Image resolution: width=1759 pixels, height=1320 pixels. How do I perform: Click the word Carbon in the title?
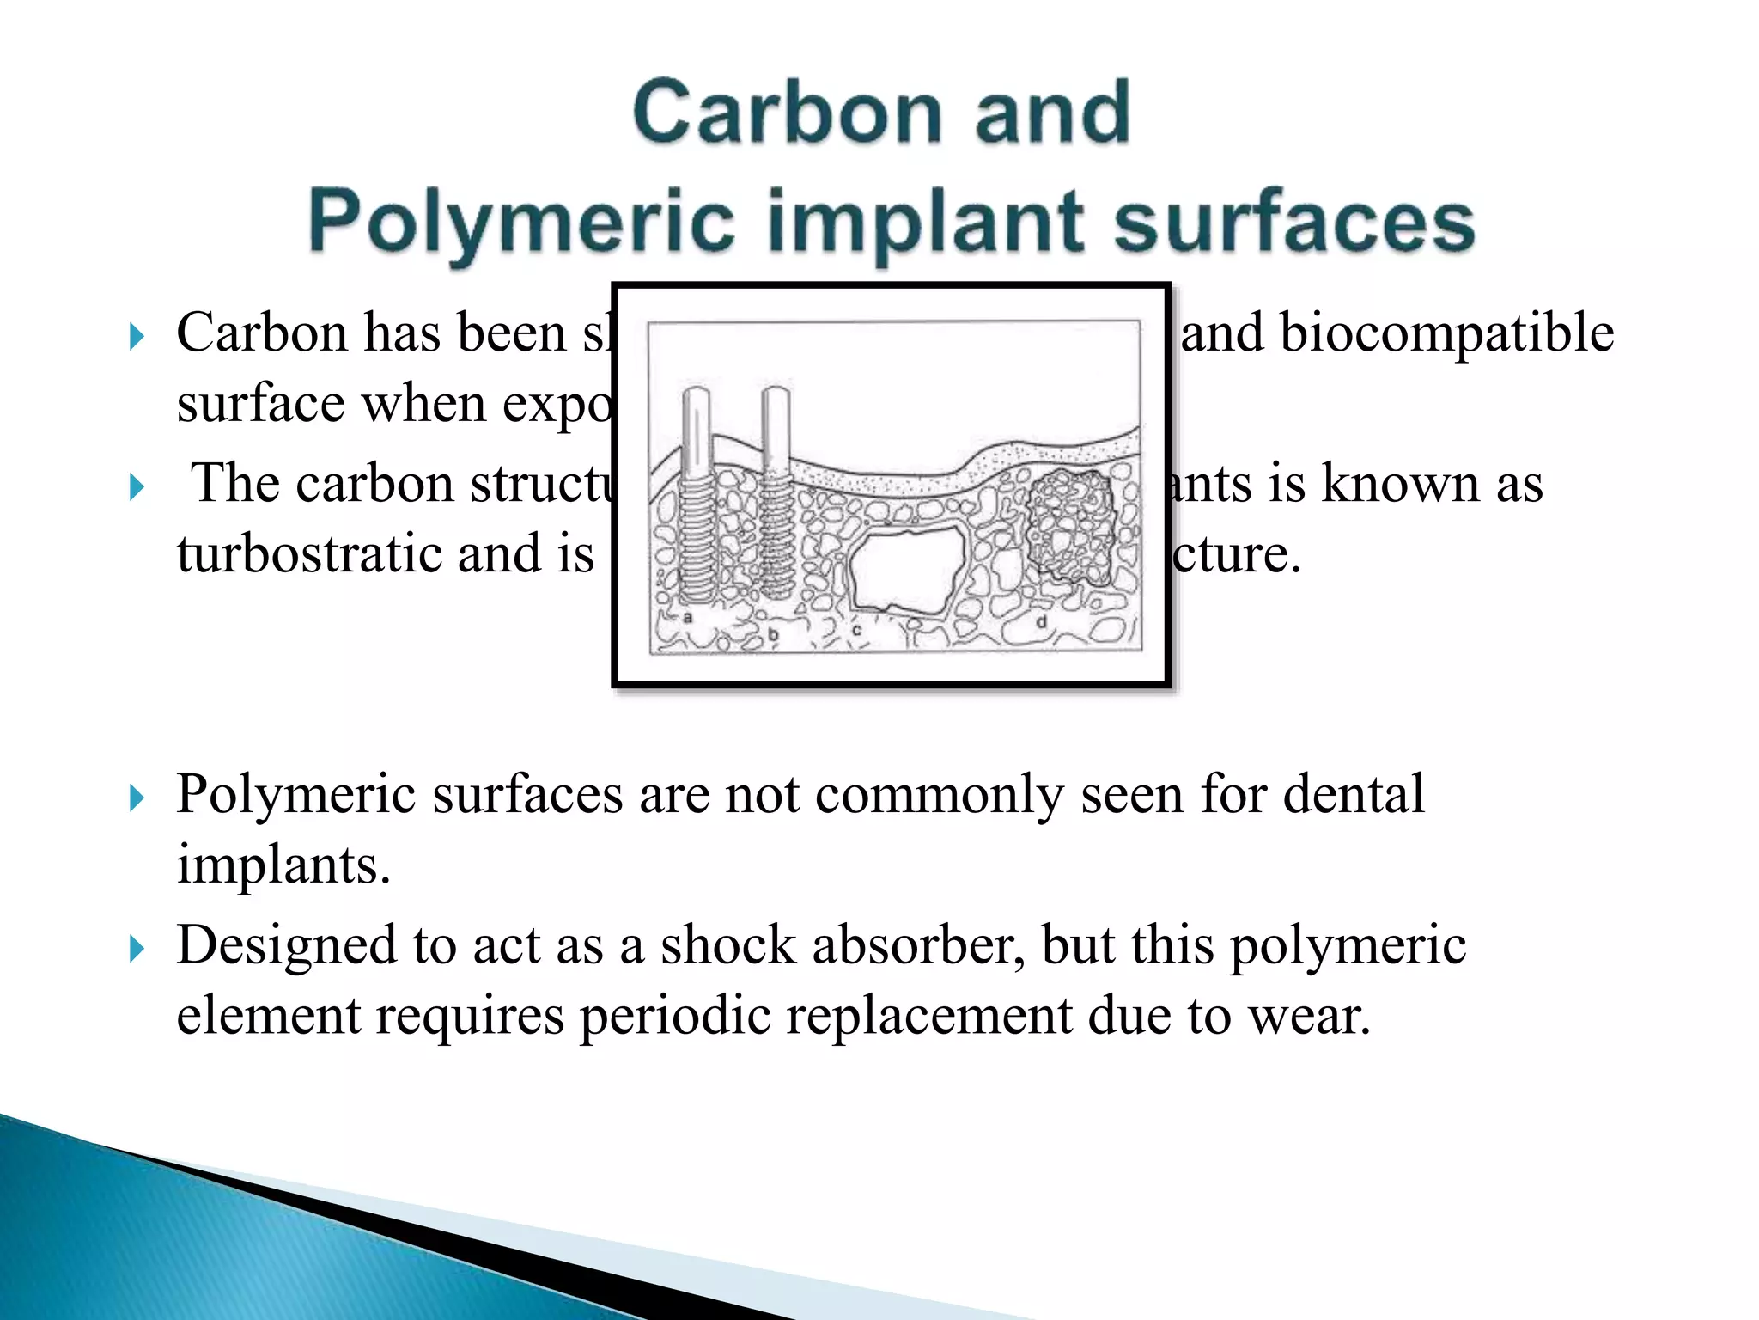coord(787,113)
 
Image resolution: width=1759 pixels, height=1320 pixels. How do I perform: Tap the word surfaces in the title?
coord(1293,222)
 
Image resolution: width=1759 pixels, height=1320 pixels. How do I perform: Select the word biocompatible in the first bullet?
coord(1446,333)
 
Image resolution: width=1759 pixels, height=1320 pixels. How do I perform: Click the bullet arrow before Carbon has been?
coord(137,336)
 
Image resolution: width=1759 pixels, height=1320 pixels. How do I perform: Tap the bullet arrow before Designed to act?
coord(137,949)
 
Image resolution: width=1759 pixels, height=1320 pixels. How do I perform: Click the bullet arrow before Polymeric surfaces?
coord(137,797)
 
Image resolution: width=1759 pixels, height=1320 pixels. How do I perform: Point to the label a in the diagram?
coord(687,617)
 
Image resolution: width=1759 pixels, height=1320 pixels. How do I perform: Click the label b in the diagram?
coord(773,634)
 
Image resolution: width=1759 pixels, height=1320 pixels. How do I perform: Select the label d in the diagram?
coord(1041,620)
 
